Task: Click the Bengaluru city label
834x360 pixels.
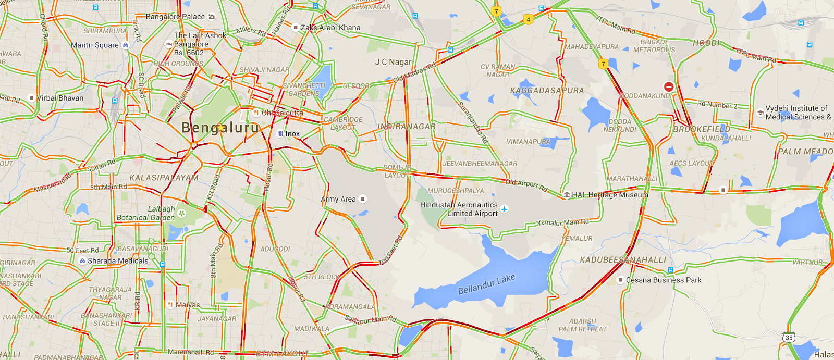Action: coord(220,128)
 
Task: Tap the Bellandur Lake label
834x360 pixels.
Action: coord(486,284)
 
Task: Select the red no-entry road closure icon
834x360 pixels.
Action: coord(669,87)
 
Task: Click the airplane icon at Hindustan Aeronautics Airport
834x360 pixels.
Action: coord(504,209)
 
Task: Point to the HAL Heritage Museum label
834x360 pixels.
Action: coord(610,195)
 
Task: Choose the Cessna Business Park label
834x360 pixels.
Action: coord(663,280)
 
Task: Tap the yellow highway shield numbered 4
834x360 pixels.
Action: coord(528,20)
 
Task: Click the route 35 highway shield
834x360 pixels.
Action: coord(789,338)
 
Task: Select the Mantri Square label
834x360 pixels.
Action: coord(95,45)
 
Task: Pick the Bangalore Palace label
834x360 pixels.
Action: coord(175,17)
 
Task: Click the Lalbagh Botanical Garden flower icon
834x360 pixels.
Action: coord(181,213)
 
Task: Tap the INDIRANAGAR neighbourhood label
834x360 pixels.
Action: coord(407,127)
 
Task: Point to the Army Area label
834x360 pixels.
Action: coord(338,199)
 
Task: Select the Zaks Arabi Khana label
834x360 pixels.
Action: coord(330,28)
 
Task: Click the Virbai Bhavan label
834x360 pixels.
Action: coord(60,98)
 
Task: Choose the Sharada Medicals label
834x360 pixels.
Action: coord(117,261)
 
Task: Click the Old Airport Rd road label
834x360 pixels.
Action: coord(526,185)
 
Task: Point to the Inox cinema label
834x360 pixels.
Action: coord(292,134)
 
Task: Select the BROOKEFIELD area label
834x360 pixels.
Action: coord(702,129)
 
